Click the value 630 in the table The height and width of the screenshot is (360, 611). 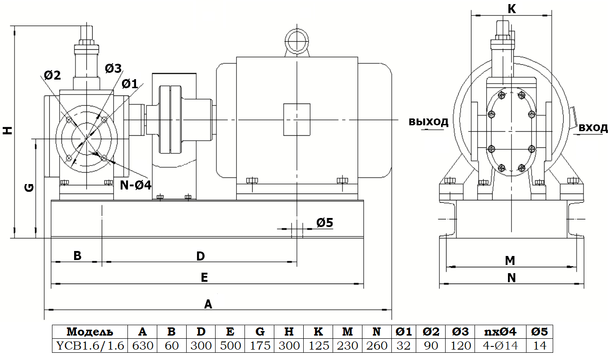(142, 346)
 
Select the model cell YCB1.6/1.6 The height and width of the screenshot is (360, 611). (89, 346)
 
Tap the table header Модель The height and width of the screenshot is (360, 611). (89, 332)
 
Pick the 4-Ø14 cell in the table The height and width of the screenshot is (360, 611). (501, 346)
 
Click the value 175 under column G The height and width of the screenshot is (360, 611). (260, 346)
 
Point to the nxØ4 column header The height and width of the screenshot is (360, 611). (501, 332)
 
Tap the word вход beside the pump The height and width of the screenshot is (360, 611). (593, 128)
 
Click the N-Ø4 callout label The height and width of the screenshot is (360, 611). (136, 185)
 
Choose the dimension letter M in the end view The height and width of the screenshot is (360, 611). (510, 261)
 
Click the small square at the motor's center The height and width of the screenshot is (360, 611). (296, 119)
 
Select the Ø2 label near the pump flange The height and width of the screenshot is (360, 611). (52, 75)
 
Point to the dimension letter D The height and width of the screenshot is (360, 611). (201, 256)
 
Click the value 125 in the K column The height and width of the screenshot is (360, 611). (318, 346)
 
